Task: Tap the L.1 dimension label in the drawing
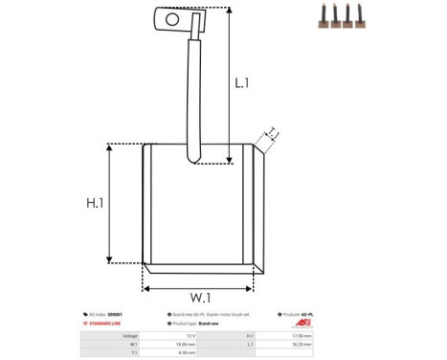pos(242,83)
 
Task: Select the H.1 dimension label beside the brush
pos(95,203)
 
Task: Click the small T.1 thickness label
pos(272,132)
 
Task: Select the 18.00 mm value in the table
pos(189,344)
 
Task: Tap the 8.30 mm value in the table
pos(189,352)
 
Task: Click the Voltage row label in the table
pos(130,336)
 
